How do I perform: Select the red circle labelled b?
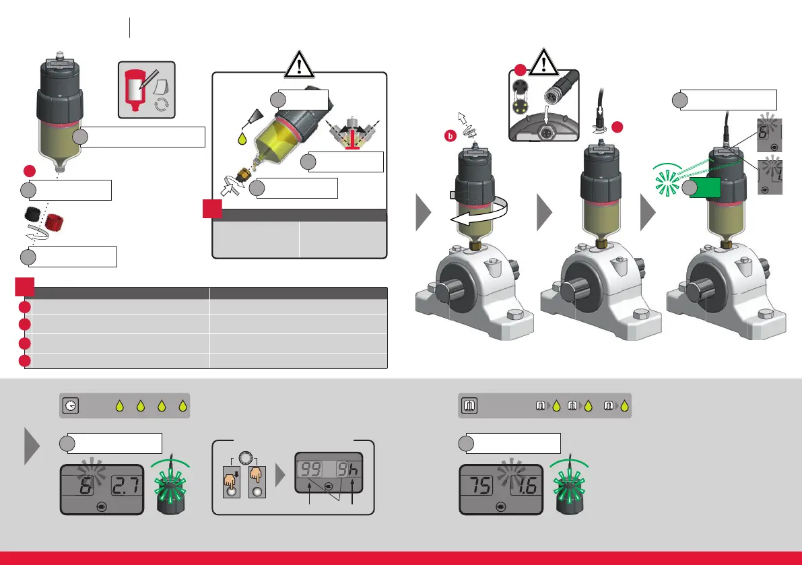(x=450, y=135)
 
